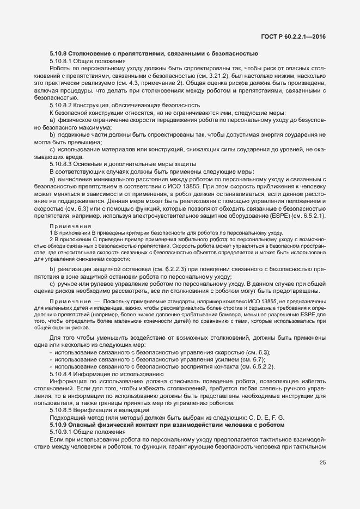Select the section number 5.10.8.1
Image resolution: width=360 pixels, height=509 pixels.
pyautogui.click(x=61, y=62)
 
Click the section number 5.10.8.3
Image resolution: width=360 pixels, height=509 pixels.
pyautogui.click(x=61, y=164)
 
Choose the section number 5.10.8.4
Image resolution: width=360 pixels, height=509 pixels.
pyautogui.click(x=61, y=375)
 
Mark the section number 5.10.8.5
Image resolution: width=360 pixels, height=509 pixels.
pyautogui.click(x=61, y=409)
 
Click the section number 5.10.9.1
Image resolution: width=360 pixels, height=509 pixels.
pyautogui.click(x=61, y=431)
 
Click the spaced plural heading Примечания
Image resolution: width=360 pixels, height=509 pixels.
pyautogui.click(x=70, y=225)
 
